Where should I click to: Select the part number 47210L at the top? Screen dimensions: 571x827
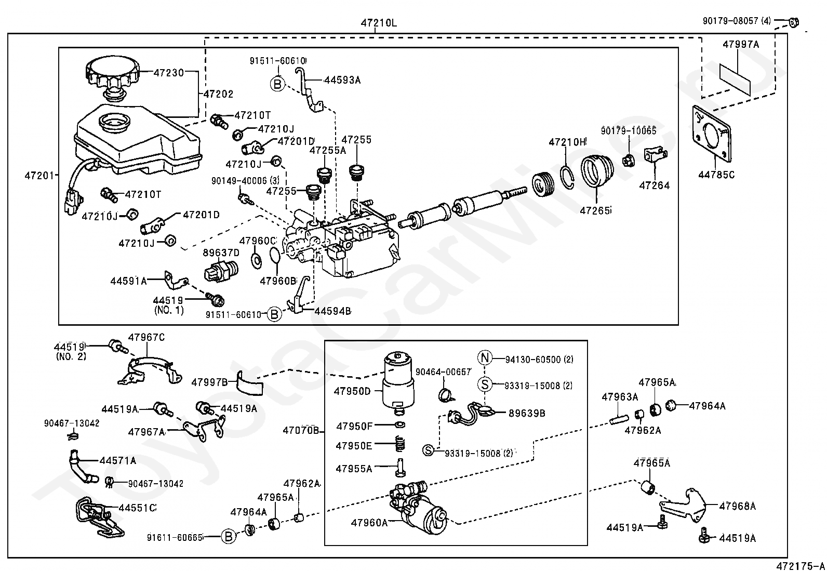pos(379,23)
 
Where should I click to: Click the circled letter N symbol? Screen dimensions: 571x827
pos(485,358)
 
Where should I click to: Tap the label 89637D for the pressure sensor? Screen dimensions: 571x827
pos(221,253)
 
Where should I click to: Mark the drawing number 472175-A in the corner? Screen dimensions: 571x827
pos(800,565)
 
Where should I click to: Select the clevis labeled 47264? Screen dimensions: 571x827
pos(654,155)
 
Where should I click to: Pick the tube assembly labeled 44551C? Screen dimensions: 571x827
pos(99,516)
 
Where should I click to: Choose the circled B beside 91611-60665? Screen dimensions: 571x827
pos(228,537)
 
